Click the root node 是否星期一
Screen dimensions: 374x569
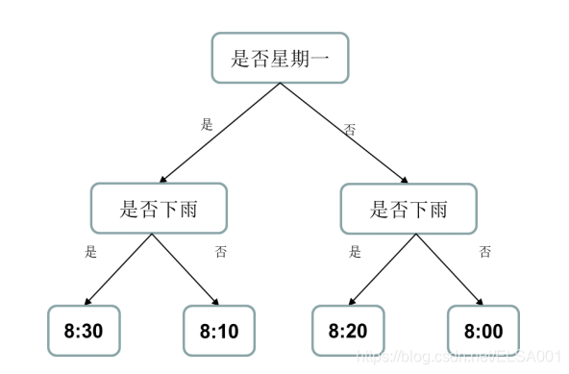tap(279, 59)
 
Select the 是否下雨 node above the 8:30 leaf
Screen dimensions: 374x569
tap(159, 208)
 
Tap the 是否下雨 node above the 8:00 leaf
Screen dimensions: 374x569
tap(408, 208)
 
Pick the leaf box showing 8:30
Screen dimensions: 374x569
tap(84, 331)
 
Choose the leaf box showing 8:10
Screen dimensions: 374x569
tap(219, 331)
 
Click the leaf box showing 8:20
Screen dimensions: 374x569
tap(347, 331)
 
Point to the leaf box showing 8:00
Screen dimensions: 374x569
tap(482, 331)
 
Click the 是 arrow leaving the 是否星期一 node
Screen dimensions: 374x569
tap(221, 132)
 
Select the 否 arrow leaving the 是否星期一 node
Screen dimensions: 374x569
tap(342, 132)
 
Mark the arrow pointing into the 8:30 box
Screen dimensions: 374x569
tap(119, 268)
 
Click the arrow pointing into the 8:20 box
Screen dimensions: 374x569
tap(380, 268)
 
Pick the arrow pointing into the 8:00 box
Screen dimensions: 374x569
tap(448, 268)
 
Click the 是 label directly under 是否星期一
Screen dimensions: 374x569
tap(206, 124)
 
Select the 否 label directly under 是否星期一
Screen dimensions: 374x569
tap(350, 127)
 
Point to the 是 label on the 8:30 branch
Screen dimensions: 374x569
tap(91, 253)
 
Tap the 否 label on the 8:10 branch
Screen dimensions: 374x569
tap(221, 253)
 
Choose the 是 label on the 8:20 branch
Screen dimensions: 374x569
tap(355, 253)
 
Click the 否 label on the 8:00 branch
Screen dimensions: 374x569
tap(485, 253)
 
